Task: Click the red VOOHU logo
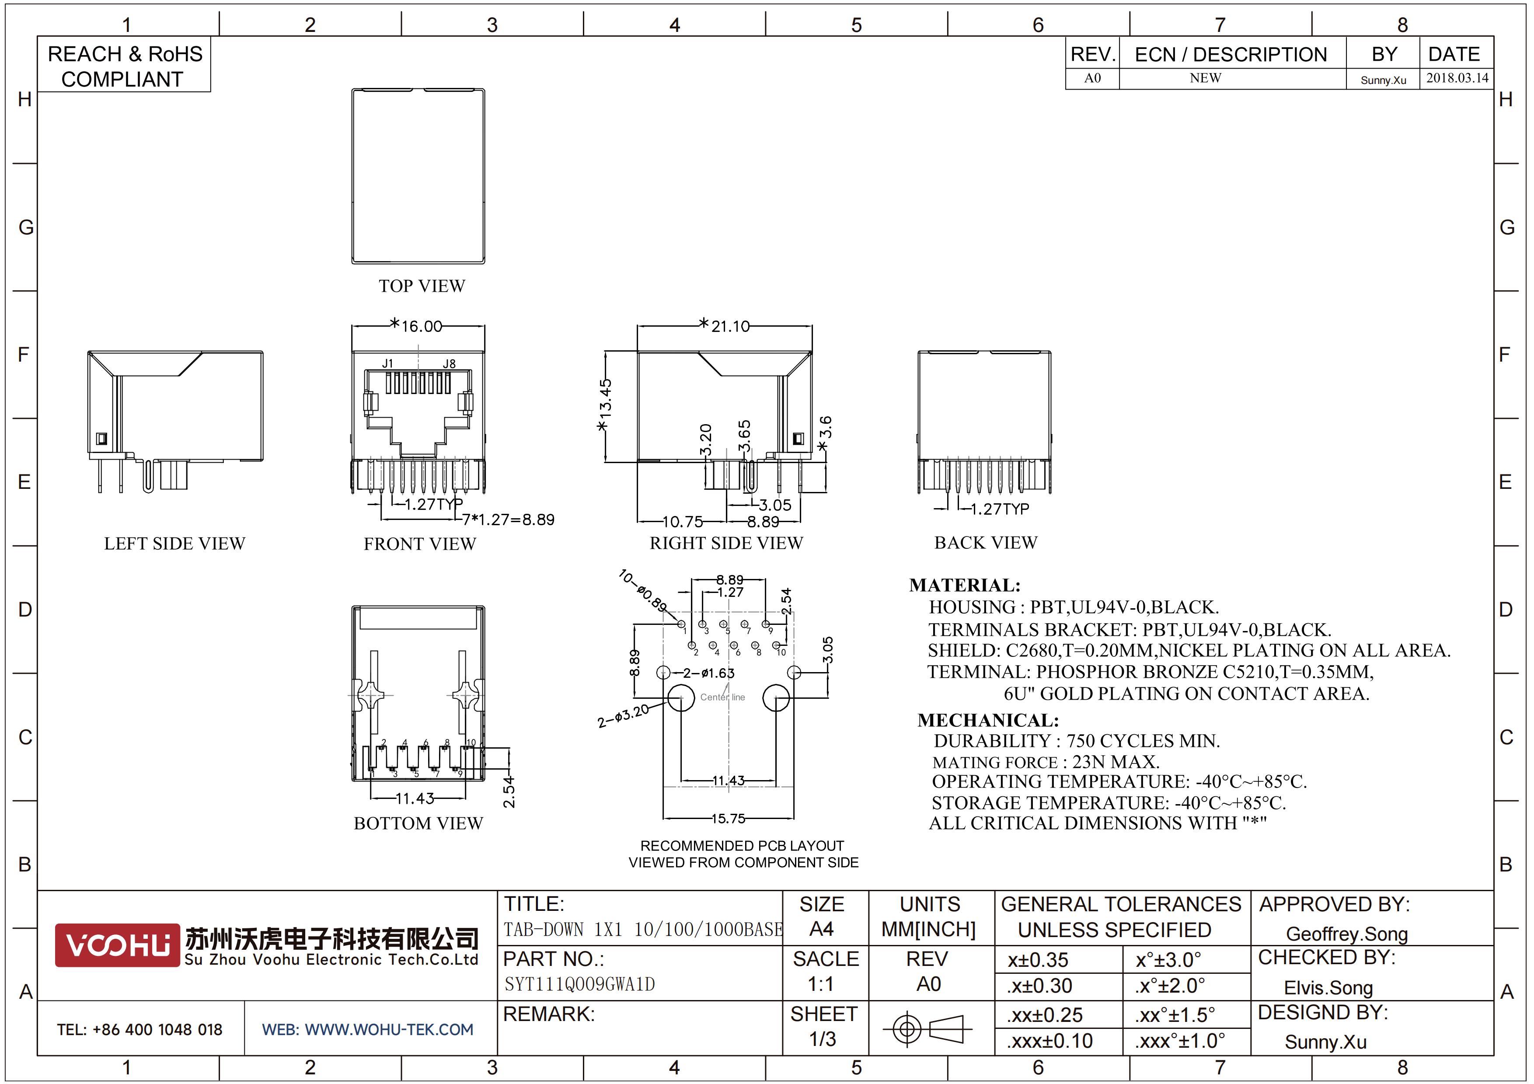(x=117, y=945)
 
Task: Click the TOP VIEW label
(x=422, y=286)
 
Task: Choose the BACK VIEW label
(x=986, y=542)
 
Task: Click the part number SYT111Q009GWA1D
(x=579, y=984)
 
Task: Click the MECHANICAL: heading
(x=988, y=720)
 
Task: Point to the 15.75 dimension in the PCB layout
(x=728, y=818)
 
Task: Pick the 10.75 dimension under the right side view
(x=683, y=522)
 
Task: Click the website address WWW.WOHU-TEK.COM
(x=389, y=1029)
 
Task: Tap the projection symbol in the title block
(x=927, y=1028)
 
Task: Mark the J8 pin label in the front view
(x=449, y=364)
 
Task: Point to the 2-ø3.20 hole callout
(x=623, y=715)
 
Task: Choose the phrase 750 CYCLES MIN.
(x=1143, y=741)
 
